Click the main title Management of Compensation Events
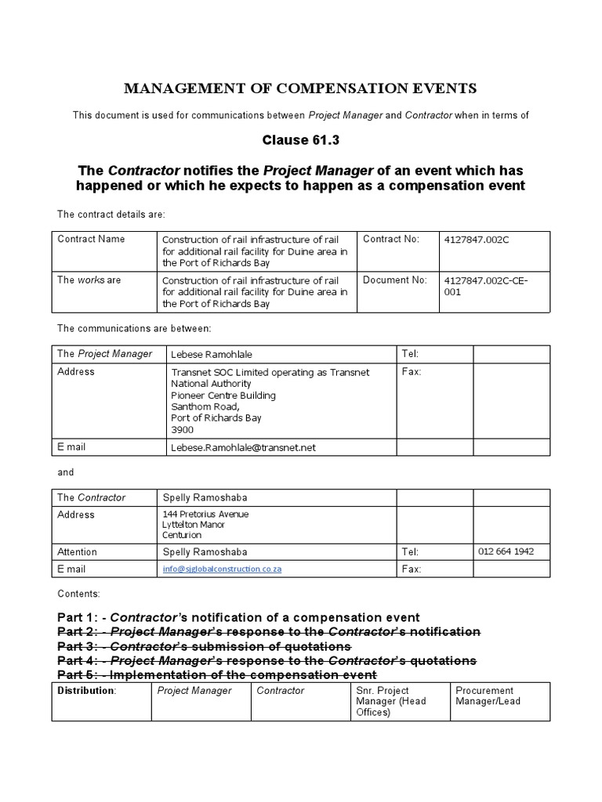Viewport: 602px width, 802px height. (301, 89)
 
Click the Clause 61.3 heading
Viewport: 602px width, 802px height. (301, 141)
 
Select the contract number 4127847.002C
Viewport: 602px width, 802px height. (477, 239)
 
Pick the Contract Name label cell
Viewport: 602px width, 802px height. (91, 239)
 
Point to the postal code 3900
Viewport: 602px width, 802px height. (182, 430)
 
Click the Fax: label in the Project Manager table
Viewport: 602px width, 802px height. (412, 372)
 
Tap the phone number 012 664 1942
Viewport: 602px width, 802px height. (506, 551)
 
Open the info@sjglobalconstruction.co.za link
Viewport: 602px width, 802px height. (222, 569)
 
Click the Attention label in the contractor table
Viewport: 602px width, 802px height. (77, 552)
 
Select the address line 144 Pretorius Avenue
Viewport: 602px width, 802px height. (205, 514)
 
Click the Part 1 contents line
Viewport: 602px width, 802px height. (239, 617)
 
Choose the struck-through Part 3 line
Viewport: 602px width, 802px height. (205, 646)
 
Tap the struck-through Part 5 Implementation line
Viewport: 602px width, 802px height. (217, 674)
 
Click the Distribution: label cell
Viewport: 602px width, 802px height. (86, 691)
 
